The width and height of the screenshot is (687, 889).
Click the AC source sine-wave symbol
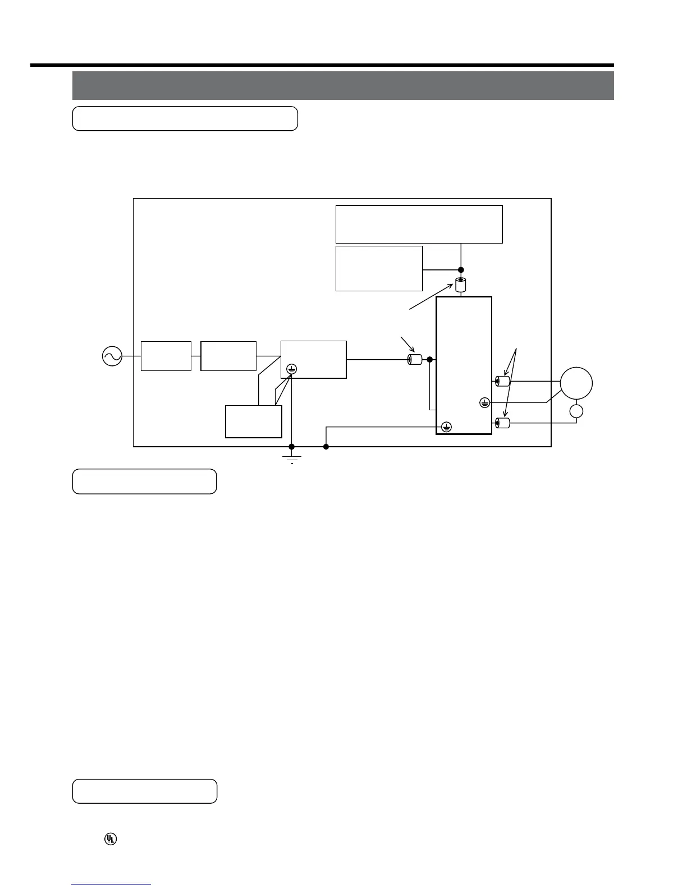coord(112,356)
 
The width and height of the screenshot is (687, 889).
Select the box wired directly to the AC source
coord(166,356)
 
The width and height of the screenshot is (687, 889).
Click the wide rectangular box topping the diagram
coord(419,224)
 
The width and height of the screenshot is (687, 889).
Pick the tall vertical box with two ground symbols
coord(464,365)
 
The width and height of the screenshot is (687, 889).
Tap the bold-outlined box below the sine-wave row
coord(253,421)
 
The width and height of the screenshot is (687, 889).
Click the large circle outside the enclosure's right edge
coord(576,382)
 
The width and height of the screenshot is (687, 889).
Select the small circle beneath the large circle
coord(576,411)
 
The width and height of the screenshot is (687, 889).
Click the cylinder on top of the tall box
coord(461,285)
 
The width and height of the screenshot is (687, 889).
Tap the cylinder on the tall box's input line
coord(414,359)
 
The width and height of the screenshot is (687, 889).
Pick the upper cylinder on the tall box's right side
coord(502,382)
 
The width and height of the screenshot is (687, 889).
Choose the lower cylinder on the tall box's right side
coord(502,423)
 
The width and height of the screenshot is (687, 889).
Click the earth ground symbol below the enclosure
coord(292,459)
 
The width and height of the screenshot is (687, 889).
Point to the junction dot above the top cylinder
coord(461,269)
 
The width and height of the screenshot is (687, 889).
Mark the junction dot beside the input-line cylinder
coord(429,359)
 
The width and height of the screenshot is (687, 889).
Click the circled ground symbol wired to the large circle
coord(485,402)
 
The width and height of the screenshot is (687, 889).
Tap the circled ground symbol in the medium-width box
coord(291,369)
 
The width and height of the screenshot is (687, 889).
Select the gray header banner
coord(343,85)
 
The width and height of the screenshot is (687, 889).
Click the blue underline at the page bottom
coord(111,884)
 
